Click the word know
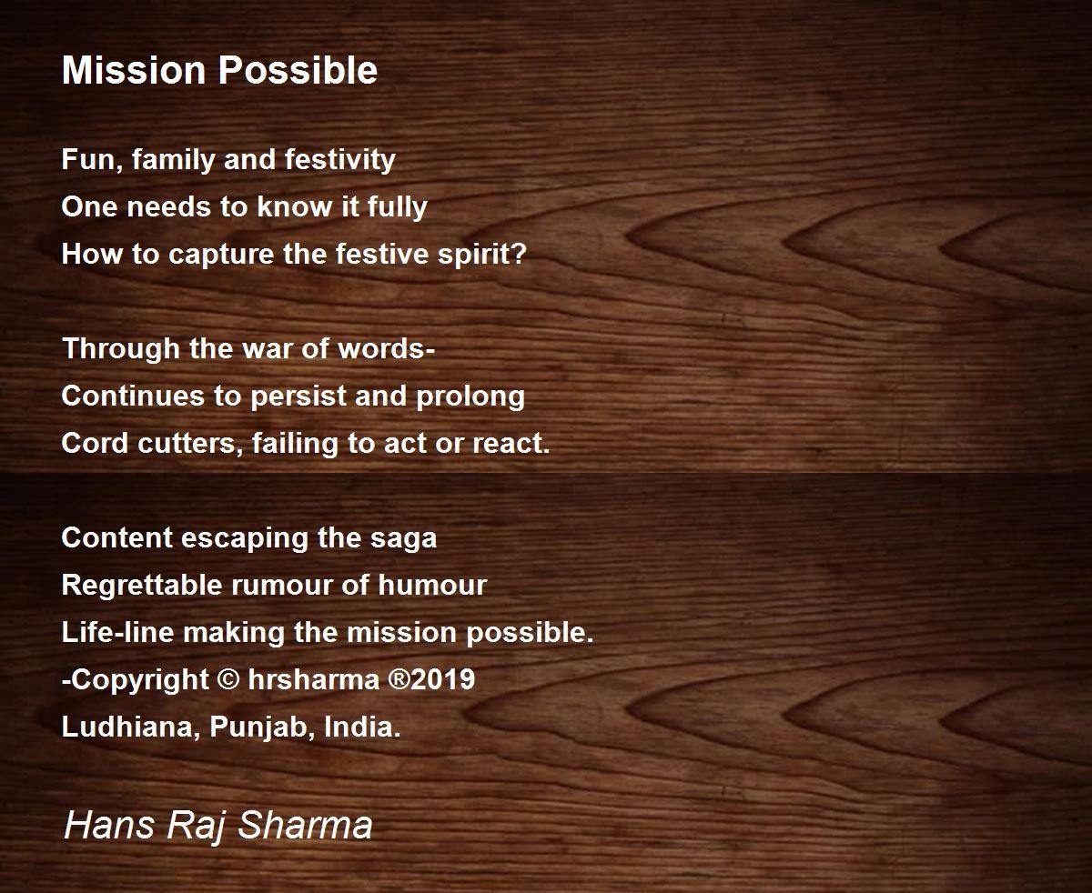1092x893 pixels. click(x=294, y=207)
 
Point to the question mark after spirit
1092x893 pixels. click(x=518, y=254)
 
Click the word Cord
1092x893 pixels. click(x=95, y=444)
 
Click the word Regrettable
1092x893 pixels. click(x=142, y=585)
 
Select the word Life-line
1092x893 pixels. click(x=117, y=632)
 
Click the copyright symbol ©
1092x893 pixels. click(x=228, y=678)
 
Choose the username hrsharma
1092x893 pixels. click(x=314, y=679)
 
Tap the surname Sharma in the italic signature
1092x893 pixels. click(x=306, y=825)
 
